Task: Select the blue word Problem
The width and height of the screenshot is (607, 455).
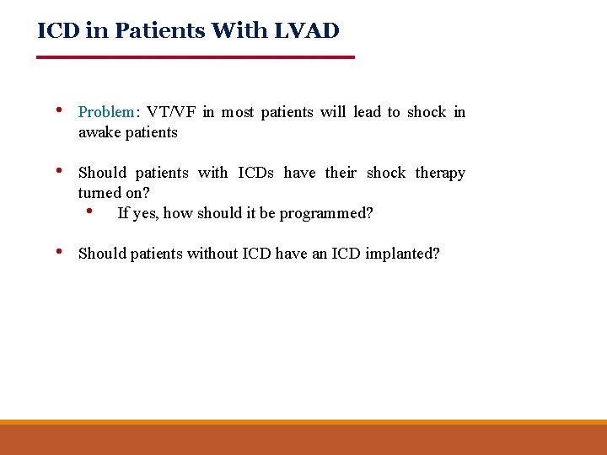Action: [x=106, y=112]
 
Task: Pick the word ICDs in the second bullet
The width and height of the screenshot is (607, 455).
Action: [x=255, y=173]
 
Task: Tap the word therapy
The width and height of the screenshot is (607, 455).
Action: [x=440, y=173]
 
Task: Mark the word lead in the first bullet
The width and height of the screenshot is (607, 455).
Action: [x=367, y=112]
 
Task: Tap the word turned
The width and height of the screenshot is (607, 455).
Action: [x=99, y=193]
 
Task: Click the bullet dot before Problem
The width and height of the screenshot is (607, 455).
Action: [x=57, y=110]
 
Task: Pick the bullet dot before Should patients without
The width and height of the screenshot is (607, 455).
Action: [x=57, y=252]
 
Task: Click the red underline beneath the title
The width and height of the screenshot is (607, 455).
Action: [x=196, y=56]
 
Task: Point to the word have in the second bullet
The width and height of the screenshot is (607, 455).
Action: [x=299, y=173]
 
